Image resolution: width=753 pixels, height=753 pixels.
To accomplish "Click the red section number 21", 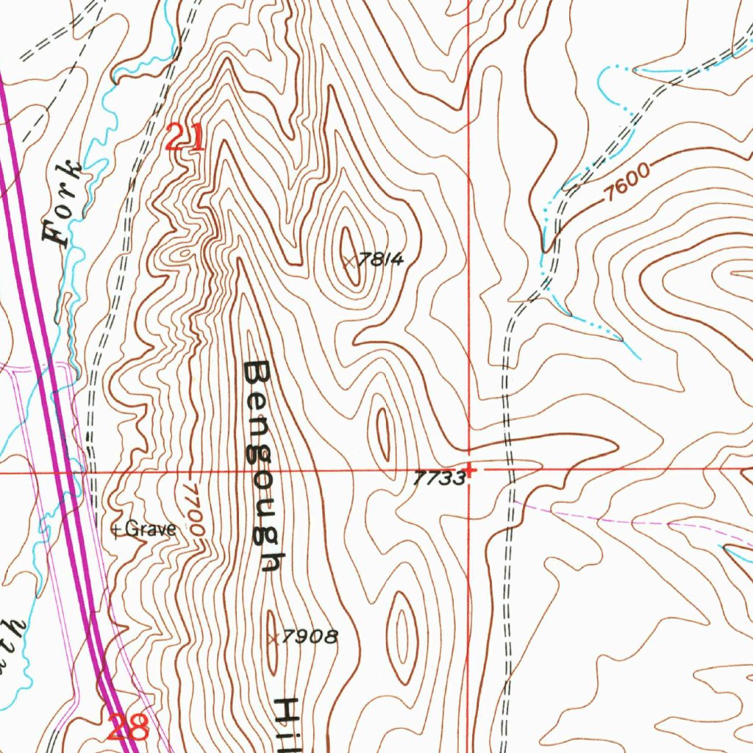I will point(185,138).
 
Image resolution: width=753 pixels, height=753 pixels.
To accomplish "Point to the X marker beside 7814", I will point(350,260).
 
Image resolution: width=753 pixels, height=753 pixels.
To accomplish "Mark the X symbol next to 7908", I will point(273,638).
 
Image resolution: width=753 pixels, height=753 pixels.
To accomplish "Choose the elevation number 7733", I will point(439,479).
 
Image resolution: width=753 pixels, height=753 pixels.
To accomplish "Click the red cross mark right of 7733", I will point(470,468).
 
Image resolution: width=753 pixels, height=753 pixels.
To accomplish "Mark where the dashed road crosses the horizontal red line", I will point(509,469).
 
